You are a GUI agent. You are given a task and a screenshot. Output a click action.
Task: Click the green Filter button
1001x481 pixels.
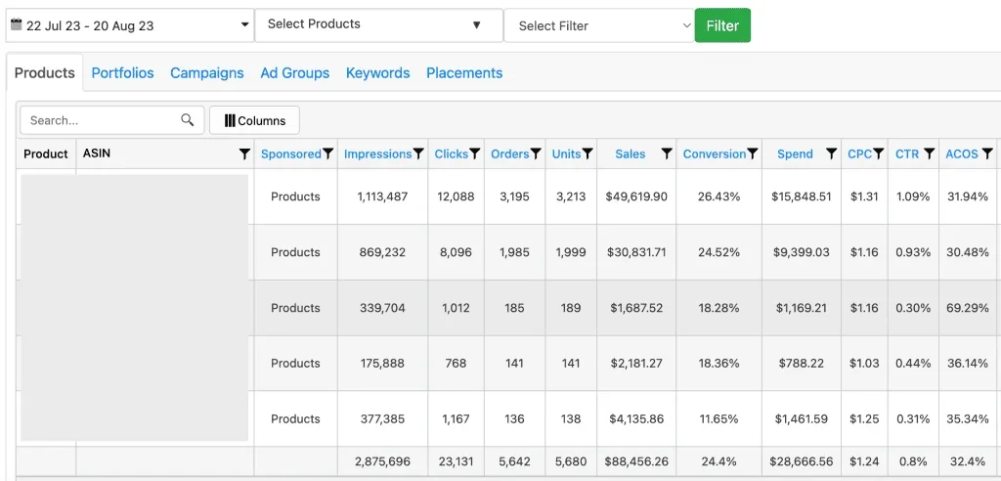pos(722,25)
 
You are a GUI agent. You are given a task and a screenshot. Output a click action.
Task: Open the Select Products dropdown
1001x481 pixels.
pos(378,24)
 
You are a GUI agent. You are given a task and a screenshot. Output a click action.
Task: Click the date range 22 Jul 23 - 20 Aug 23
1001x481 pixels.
pos(129,25)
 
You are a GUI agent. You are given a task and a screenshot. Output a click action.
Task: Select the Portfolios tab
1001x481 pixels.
pos(122,72)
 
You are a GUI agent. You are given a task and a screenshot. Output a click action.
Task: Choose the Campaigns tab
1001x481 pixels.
pos(206,72)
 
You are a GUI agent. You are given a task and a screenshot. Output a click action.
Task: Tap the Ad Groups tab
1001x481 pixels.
pos(294,72)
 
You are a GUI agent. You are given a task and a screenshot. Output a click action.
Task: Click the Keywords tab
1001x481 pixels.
pos(377,72)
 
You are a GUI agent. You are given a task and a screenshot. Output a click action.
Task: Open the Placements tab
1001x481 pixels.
pos(464,72)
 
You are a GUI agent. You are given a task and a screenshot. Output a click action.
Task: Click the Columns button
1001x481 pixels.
pos(254,120)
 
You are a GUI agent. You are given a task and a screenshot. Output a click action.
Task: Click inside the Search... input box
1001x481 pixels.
pos(103,120)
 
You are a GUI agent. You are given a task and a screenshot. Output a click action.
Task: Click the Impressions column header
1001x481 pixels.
pos(377,153)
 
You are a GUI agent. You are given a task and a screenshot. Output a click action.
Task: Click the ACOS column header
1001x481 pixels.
pos(961,153)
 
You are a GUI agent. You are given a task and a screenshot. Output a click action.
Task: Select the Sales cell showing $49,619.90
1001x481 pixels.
pos(637,197)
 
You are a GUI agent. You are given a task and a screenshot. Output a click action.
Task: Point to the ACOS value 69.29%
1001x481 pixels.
pos(967,308)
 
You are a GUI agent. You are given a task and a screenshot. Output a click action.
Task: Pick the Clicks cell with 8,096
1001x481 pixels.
pos(456,252)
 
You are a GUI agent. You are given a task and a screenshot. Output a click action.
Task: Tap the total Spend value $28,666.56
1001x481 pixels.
pos(802,461)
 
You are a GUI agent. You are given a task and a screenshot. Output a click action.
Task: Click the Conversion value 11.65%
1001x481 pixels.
pos(718,418)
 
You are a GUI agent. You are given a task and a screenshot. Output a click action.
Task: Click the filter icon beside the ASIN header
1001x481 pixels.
pos(243,153)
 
